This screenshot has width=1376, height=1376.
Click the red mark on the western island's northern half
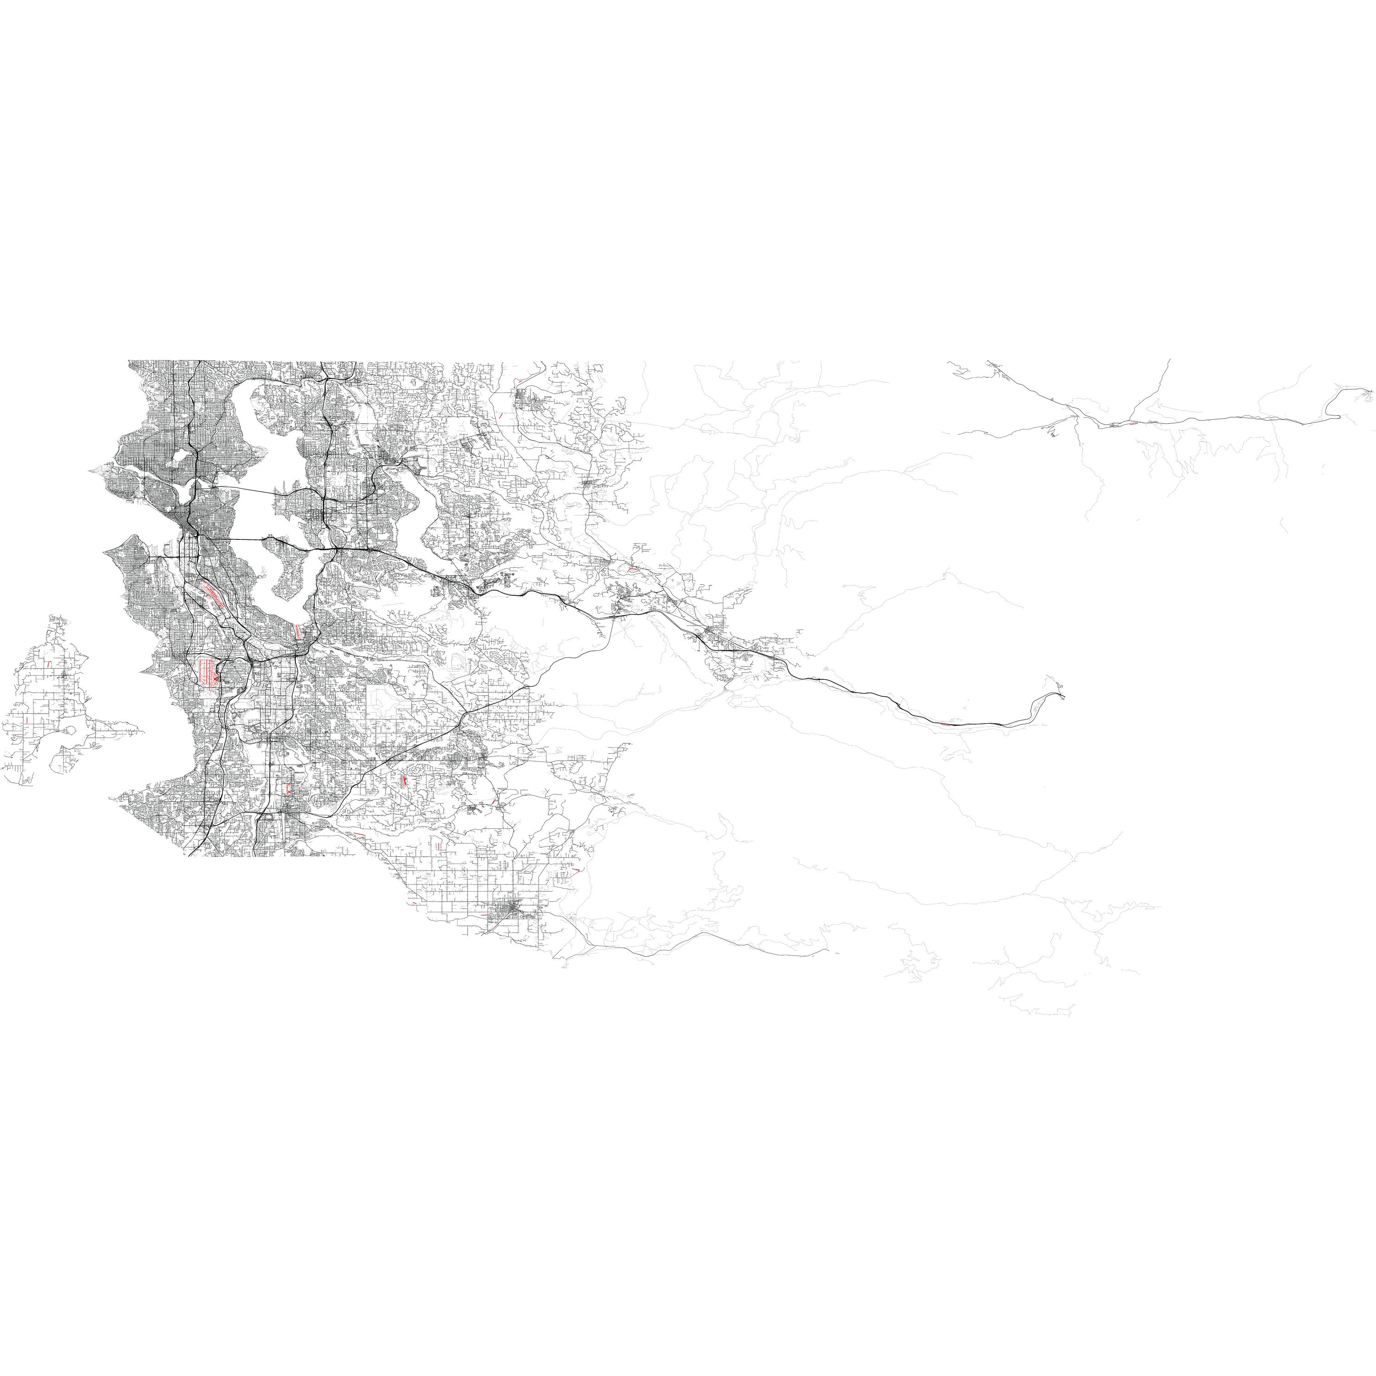(x=49, y=664)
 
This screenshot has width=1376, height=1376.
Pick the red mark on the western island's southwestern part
(x=26, y=721)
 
